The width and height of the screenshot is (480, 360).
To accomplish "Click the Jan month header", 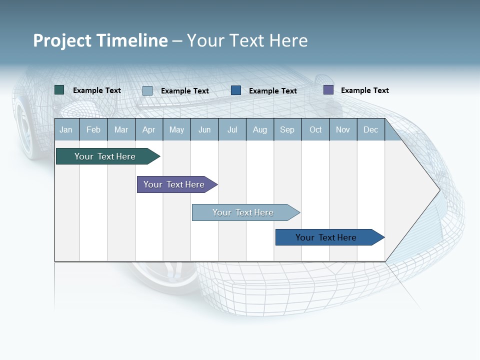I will [x=66, y=129].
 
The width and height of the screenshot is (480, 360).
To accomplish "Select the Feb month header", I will [x=93, y=129].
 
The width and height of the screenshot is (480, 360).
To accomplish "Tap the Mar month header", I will [x=121, y=129].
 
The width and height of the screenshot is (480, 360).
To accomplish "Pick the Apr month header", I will [x=149, y=129].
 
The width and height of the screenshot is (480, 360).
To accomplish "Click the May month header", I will [x=176, y=129].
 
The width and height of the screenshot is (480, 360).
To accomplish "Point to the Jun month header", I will [x=204, y=129].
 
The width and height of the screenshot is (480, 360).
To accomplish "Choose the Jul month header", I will [x=232, y=129].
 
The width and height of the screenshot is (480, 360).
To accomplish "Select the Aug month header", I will [x=260, y=129].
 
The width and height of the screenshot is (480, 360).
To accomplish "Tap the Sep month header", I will [x=287, y=129].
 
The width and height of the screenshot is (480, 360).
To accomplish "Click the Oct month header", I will [x=315, y=129].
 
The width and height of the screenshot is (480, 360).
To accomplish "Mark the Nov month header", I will [x=343, y=129].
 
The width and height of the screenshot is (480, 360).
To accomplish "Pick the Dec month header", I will [x=371, y=129].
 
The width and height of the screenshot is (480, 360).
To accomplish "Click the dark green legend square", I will [x=59, y=90].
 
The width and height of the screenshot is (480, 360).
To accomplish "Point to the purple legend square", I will [x=328, y=90].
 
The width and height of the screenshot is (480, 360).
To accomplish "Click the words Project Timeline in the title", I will [x=100, y=40].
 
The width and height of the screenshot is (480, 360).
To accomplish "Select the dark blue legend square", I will [x=236, y=90].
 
